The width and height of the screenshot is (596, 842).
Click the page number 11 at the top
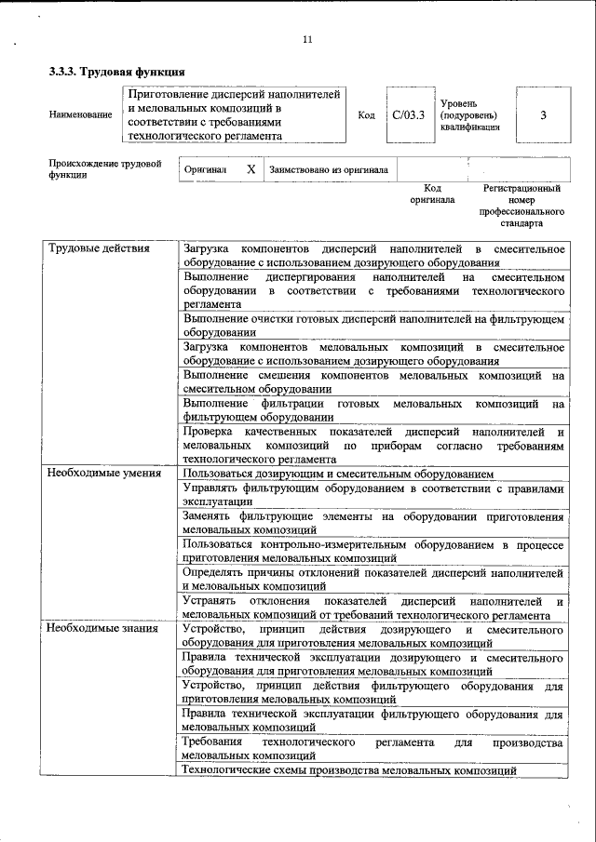tap(308, 39)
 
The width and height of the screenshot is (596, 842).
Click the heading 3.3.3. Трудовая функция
tap(116, 73)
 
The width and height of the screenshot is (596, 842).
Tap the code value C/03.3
tap(408, 115)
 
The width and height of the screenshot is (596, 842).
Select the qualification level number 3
tap(543, 115)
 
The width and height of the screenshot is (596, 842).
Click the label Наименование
tap(79, 115)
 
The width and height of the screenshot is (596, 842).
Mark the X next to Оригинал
tap(251, 170)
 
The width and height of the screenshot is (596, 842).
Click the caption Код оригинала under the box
tap(432, 194)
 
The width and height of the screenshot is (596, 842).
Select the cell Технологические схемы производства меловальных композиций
tap(349, 771)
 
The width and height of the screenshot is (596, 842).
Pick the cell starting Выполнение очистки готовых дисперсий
tap(373, 325)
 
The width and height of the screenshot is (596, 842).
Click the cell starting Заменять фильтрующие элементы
tap(373, 523)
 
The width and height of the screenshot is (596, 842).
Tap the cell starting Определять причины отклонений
tap(373, 580)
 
